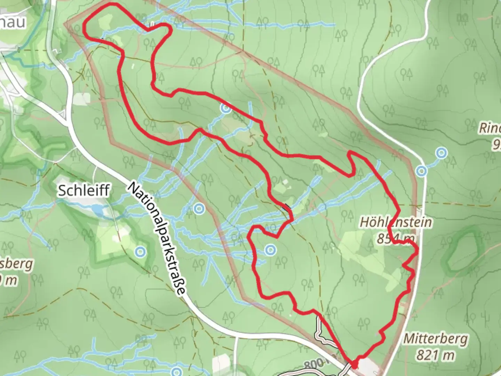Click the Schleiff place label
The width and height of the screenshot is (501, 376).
click(x=84, y=190)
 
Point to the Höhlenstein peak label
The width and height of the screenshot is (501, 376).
click(x=396, y=222)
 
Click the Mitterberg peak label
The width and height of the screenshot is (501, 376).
click(x=436, y=338)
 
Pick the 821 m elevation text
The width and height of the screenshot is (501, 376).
click(x=436, y=355)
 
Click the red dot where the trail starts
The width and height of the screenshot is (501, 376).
click(x=354, y=365)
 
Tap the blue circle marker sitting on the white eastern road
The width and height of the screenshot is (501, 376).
click(x=422, y=171)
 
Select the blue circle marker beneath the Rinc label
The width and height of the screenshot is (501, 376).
click(x=442, y=153)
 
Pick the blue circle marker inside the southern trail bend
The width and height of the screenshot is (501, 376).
click(x=270, y=250)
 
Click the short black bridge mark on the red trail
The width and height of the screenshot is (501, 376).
click(x=286, y=207)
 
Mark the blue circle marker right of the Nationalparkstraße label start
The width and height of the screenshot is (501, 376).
click(x=199, y=209)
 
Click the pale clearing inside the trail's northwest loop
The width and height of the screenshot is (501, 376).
click(x=104, y=23)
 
